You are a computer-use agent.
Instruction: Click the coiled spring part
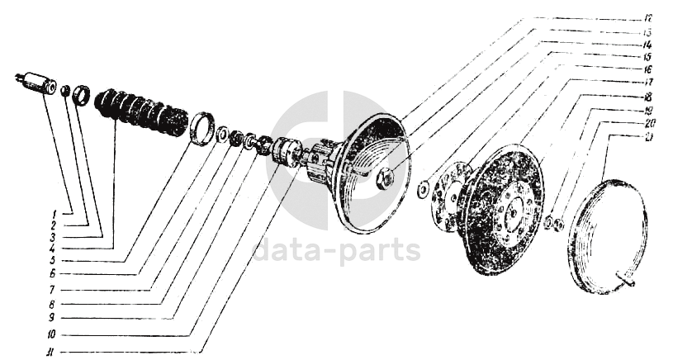pyautogui.click(x=141, y=112)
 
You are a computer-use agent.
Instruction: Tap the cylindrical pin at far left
pyautogui.click(x=36, y=83)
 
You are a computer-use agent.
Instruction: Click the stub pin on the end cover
pyautogui.click(x=632, y=286)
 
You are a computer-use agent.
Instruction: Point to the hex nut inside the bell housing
pyautogui.click(x=385, y=178)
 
